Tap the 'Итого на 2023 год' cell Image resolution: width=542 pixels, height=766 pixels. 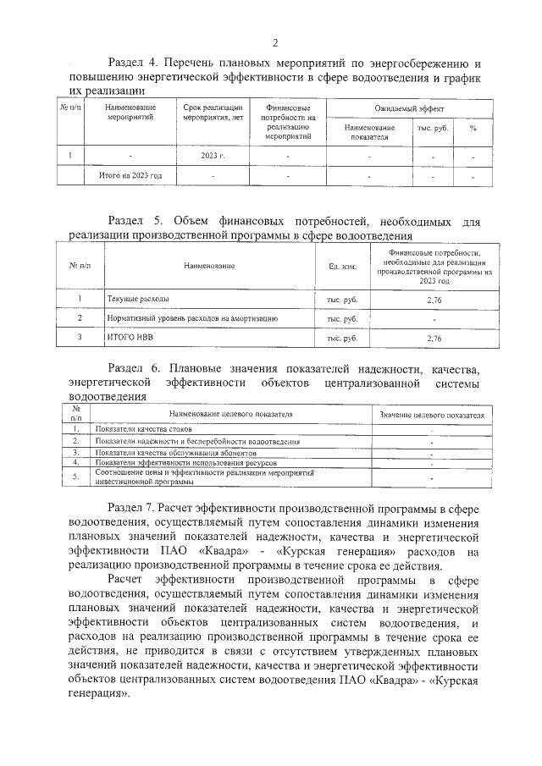pos(124,176)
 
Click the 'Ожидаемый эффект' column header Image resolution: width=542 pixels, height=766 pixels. pos(409,108)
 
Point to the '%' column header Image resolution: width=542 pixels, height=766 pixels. pos(473,128)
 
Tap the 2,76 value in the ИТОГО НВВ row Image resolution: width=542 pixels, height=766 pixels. pos(434,338)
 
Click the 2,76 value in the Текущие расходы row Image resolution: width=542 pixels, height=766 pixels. pos(434,300)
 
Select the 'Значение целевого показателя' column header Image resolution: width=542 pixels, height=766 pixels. pos(431,416)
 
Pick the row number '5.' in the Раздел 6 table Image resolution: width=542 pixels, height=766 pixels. pos(76,477)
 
